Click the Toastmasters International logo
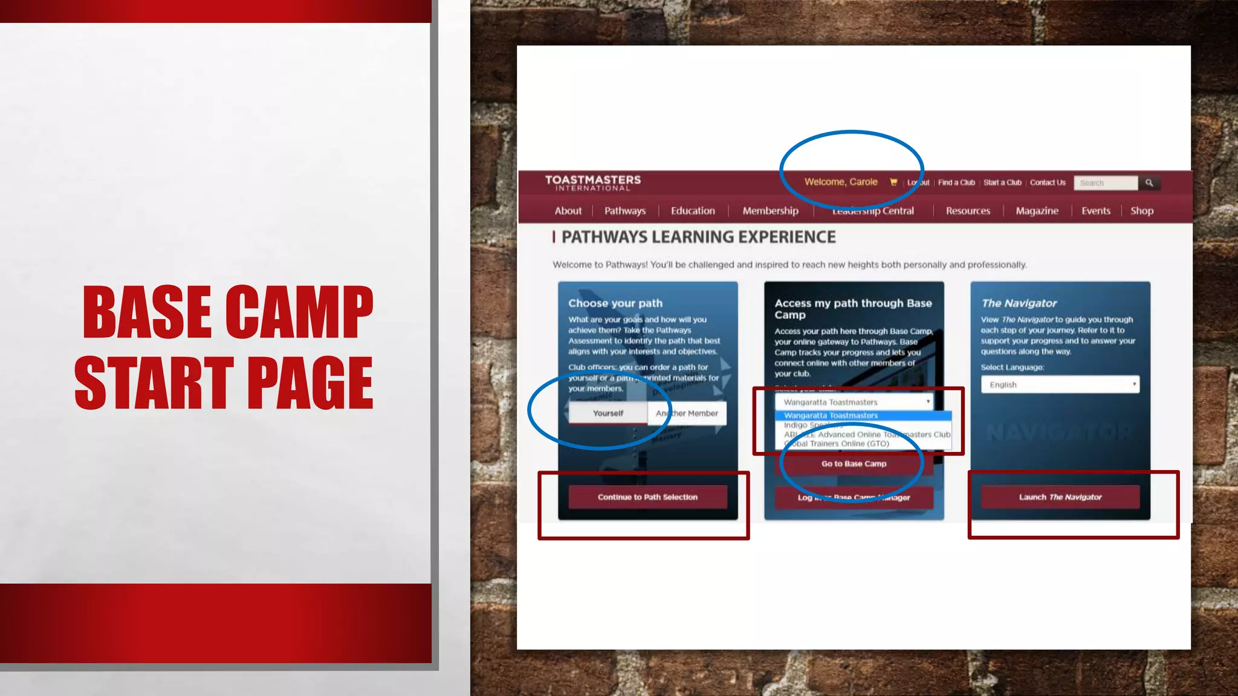coord(592,182)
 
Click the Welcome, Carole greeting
coord(840,182)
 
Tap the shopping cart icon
coord(893,182)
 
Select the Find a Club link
coord(956,182)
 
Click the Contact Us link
coord(1048,182)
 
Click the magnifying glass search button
coord(1149,183)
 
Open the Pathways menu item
coord(625,211)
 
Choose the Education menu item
coord(693,211)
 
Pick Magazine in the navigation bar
coord(1037,211)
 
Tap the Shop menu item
coord(1142,211)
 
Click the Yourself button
coord(608,413)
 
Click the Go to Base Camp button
coord(854,464)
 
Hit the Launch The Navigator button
coord(1060,497)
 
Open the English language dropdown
coord(1060,385)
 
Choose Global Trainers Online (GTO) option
coord(840,443)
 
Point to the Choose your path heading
coord(615,303)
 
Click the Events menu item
coord(1095,211)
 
